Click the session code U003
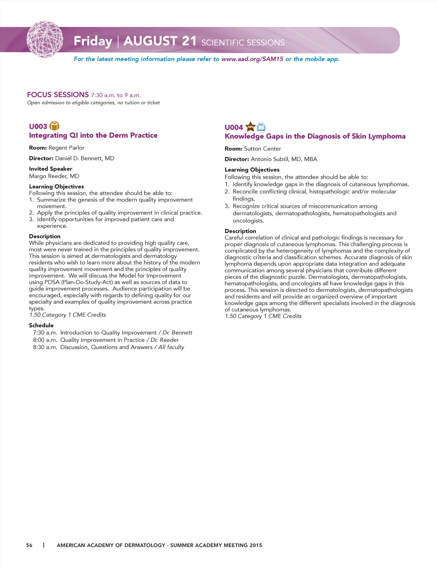point(38,126)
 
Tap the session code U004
point(234,127)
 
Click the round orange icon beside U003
point(54,126)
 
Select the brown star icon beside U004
point(250,127)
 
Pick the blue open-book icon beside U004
point(261,127)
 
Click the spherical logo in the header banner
point(45,39)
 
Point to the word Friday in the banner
point(93,41)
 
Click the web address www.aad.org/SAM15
point(252,59)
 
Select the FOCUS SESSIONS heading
point(58,95)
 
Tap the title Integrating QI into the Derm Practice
point(93,135)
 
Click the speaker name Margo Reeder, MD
point(54,176)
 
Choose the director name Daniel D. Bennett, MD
point(85,158)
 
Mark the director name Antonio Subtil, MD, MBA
point(284,159)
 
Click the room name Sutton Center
point(262,149)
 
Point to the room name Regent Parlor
point(66,148)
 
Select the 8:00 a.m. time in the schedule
point(45,340)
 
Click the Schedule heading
point(41,325)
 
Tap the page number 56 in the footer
point(29,545)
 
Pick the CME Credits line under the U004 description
point(263,316)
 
